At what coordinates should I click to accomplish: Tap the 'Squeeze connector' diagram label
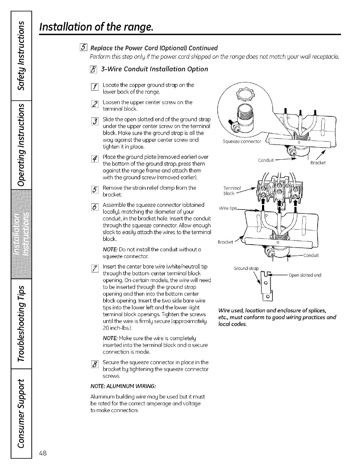(x=242, y=141)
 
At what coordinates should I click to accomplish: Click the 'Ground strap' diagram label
(x=246, y=269)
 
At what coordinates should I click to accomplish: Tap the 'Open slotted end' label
(x=305, y=275)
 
